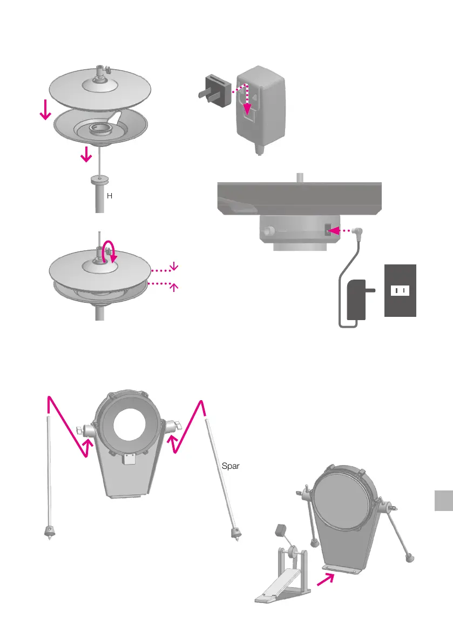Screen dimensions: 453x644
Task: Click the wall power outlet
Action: tap(400, 290)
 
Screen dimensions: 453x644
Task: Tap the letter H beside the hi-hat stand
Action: tap(110, 196)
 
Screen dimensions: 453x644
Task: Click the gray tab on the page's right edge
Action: tap(443, 507)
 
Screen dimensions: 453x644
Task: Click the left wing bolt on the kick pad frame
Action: tap(79, 431)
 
